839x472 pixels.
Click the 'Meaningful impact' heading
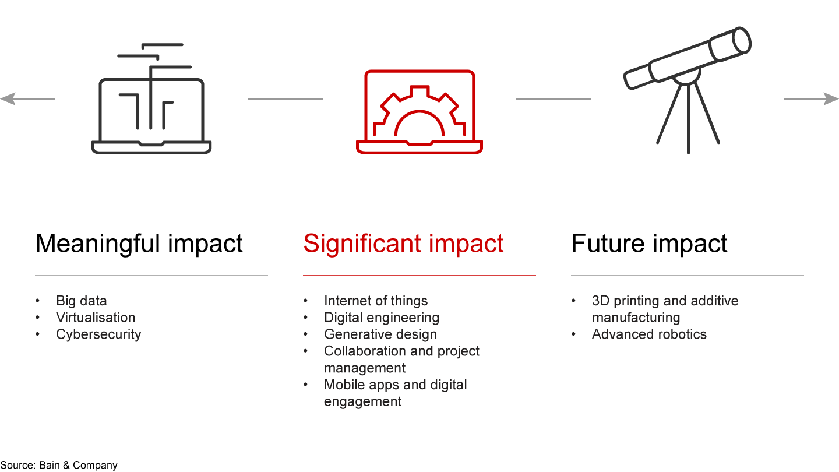139,244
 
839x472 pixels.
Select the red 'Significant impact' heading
403,244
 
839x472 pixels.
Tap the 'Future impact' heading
649,244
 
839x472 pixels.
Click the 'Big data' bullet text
82,301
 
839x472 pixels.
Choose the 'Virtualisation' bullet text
96,318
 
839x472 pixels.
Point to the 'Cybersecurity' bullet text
98,334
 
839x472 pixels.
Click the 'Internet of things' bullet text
376,301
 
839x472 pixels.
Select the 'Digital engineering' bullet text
382,318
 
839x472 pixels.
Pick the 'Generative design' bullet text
380,334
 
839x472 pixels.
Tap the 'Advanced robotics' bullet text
649,334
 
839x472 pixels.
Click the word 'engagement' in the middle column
362,402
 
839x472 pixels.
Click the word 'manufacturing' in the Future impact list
636,318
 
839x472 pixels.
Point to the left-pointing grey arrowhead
8,99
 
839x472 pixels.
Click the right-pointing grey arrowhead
831,99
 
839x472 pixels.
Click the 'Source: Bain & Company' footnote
59,465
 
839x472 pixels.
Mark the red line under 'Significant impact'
419,276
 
